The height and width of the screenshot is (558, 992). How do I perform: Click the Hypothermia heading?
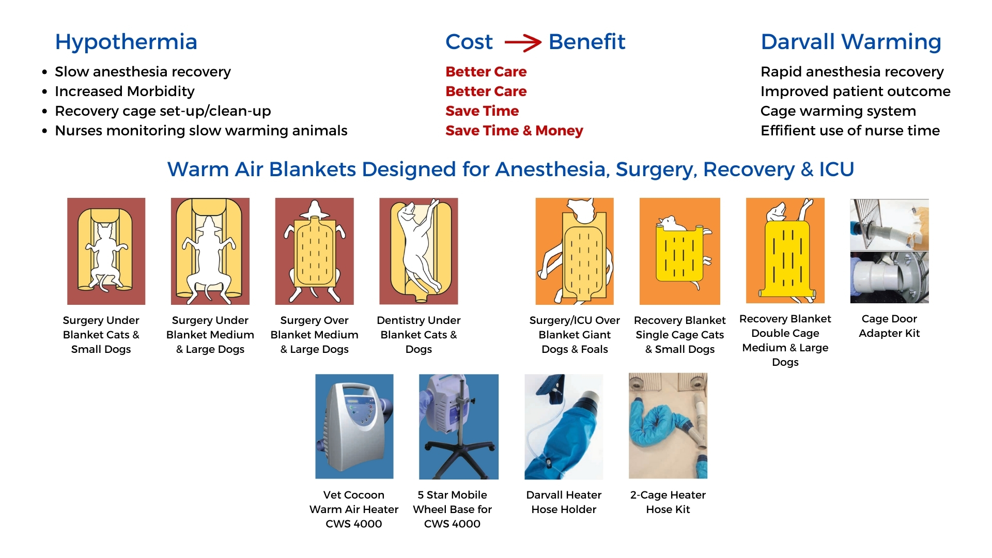tap(126, 42)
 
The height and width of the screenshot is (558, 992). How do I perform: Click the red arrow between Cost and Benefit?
tap(522, 42)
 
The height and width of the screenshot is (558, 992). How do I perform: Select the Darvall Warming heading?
tap(851, 42)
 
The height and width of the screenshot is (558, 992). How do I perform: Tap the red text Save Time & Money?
tap(514, 131)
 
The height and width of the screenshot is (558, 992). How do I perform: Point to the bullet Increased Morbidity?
tap(125, 91)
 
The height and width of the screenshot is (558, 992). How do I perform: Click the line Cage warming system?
tap(838, 111)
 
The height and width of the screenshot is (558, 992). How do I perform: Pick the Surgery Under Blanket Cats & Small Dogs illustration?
tap(106, 251)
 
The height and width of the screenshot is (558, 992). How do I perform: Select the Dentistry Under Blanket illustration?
tap(419, 251)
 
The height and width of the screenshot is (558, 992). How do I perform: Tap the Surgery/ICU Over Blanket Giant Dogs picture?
tap(575, 251)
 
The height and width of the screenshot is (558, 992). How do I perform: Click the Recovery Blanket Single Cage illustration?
tap(679, 251)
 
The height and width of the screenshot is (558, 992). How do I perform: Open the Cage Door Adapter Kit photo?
tap(889, 251)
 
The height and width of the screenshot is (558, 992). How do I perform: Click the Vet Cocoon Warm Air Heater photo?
tap(354, 426)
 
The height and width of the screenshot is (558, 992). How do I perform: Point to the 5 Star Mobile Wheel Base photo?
tap(459, 426)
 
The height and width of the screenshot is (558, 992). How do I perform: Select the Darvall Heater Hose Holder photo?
tap(564, 426)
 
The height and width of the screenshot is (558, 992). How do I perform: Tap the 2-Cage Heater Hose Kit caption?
tap(668, 502)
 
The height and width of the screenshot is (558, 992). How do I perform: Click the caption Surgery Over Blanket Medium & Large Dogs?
tap(314, 335)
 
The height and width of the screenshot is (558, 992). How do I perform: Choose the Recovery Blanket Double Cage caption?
tap(785, 340)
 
